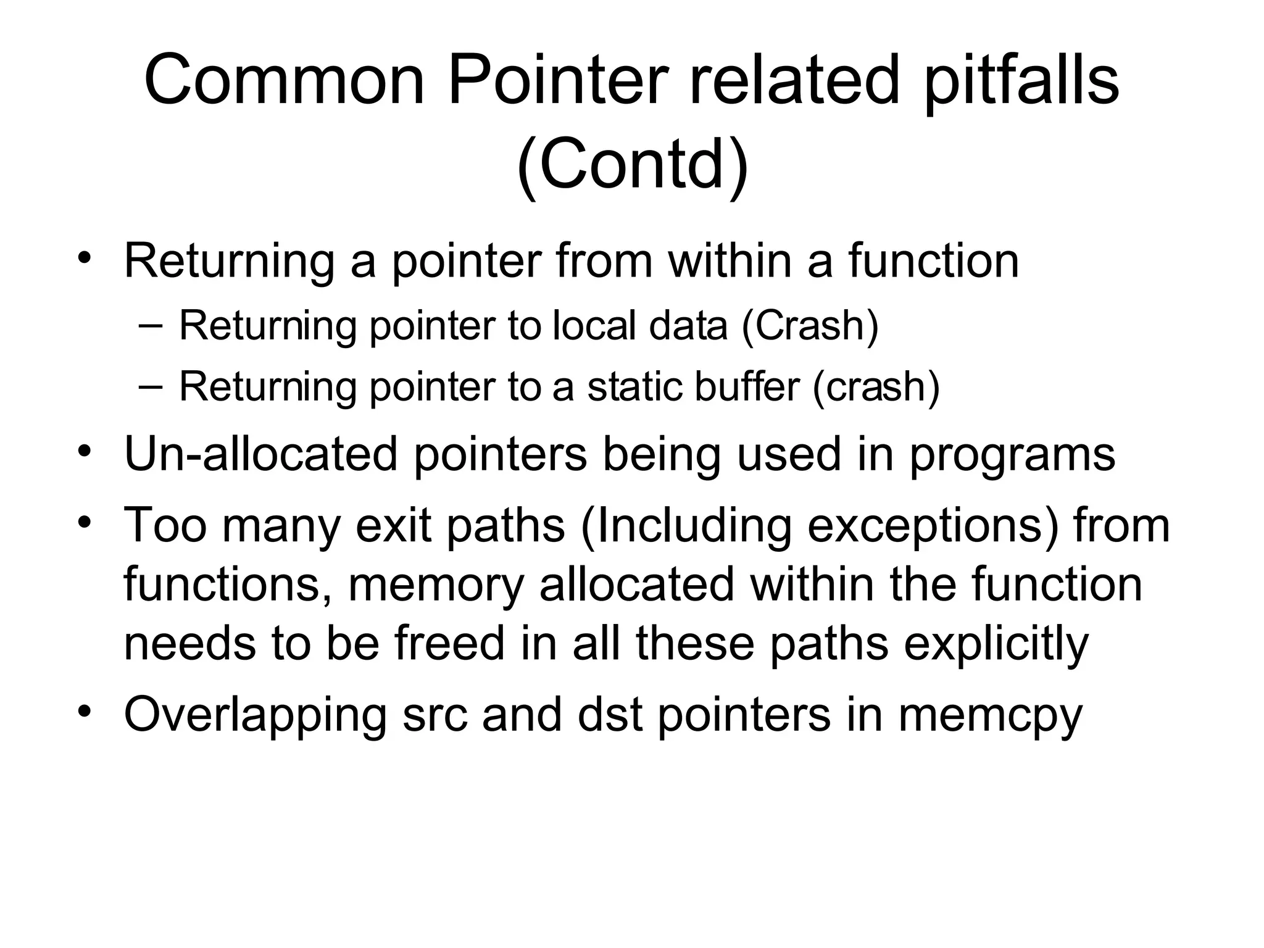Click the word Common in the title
tap(285, 80)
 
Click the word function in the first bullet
tap(933, 260)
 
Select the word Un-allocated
tap(261, 454)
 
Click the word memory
tap(436, 585)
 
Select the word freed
tap(449, 642)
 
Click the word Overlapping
tap(255, 715)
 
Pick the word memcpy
tap(990, 715)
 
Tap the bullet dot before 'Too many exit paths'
tap(85, 520)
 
